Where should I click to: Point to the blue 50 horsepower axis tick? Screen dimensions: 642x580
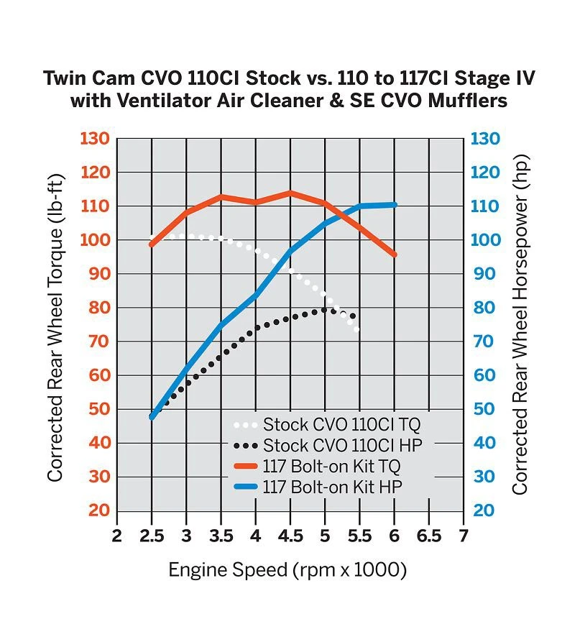[485, 409]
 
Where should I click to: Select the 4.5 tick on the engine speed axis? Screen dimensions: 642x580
[290, 536]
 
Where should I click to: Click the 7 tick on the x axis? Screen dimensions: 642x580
[464, 536]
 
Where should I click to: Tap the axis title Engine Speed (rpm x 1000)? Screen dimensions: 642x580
[287, 572]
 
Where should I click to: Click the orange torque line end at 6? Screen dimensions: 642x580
[394, 254]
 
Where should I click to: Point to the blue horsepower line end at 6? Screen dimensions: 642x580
[395, 205]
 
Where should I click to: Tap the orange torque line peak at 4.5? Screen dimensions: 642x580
[290, 193]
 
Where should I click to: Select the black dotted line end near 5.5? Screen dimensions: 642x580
[354, 316]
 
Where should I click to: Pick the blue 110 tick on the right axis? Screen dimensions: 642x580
[485, 206]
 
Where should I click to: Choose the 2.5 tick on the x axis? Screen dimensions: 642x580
[151, 536]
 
